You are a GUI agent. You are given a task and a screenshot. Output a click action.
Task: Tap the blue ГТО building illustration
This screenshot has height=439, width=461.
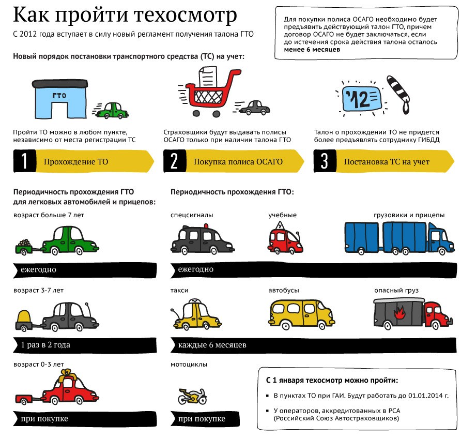tap(59, 99)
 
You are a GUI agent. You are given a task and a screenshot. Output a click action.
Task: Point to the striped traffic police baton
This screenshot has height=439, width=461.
tap(399, 94)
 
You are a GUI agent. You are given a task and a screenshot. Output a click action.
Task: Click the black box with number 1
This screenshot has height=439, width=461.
tap(25, 161)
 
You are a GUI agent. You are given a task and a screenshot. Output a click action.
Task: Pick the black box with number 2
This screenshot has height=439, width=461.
tap(175, 161)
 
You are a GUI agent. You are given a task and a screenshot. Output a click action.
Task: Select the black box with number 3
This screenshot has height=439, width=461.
tap(325, 161)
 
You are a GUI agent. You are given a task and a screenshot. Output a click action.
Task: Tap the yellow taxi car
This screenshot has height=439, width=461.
tap(196, 314)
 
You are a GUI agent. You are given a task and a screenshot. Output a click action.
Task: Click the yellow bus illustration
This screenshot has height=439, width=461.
tap(301, 314)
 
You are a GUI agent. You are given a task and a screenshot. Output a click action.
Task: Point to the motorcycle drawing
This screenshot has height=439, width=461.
tap(192, 396)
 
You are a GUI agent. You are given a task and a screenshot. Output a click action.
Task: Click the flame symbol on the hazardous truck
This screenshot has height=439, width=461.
tap(399, 313)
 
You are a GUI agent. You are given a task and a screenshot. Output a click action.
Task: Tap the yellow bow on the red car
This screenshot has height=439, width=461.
tap(67, 375)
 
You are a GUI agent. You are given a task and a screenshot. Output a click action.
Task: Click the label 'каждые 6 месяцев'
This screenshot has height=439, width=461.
tap(212, 345)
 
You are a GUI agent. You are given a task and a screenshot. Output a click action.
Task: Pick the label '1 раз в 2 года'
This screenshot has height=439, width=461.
tap(45, 345)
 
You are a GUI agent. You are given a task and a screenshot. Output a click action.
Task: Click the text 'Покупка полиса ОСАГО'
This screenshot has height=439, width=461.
tap(238, 161)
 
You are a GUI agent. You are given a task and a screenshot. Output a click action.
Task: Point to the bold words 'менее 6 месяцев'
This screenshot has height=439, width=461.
tap(312, 50)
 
